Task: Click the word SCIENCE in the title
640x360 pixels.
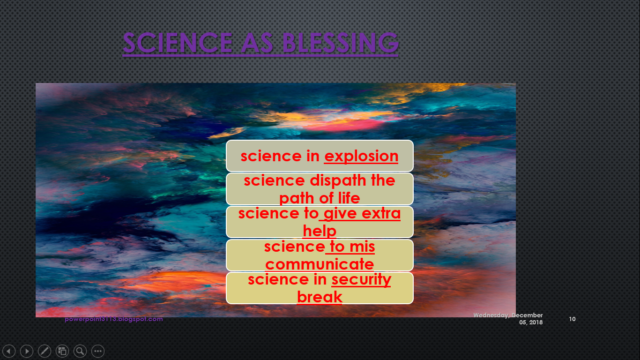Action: tap(176, 43)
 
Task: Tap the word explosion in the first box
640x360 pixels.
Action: tap(361, 156)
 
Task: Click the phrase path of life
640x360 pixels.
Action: tap(320, 198)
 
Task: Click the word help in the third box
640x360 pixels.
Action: tap(320, 231)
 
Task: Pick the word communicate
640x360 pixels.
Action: tap(320, 264)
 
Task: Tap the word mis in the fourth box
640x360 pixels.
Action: tap(362, 247)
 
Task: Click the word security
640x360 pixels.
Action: tap(361, 280)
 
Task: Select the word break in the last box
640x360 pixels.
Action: tap(320, 297)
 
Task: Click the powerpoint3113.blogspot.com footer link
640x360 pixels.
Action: tap(114, 319)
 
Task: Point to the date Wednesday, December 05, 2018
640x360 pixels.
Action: tap(508, 319)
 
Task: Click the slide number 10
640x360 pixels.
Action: tap(572, 319)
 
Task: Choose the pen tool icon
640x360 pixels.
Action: tap(45, 351)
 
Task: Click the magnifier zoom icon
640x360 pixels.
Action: tap(80, 351)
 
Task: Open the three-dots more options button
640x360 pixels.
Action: tap(98, 351)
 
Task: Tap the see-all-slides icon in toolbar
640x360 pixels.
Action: tap(62, 351)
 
